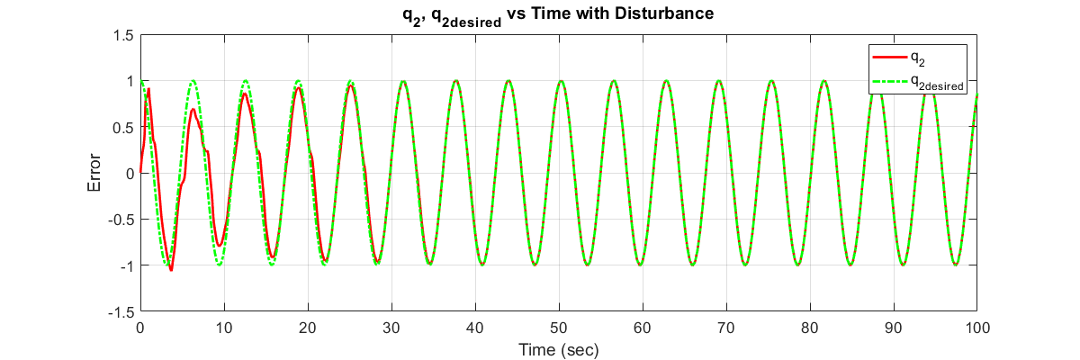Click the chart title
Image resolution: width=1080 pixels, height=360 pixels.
coord(559,14)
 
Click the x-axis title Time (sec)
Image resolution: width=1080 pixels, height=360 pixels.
coord(558,348)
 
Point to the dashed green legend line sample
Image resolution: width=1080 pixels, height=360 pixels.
coord(888,83)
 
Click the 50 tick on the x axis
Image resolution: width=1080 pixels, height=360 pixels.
coord(559,328)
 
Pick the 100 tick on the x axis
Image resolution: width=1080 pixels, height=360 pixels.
coord(976,328)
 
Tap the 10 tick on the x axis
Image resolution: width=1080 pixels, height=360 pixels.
coord(224,328)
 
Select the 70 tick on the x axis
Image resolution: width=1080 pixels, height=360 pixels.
coord(726,328)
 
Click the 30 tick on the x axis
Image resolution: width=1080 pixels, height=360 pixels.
coord(391,328)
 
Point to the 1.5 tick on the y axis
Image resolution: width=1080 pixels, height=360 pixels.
coord(124,35)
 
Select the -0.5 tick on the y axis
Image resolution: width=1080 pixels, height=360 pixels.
coord(121,220)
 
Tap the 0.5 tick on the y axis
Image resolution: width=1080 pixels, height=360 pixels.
coord(124,127)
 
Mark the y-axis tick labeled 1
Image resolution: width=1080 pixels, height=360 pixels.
coord(130,81)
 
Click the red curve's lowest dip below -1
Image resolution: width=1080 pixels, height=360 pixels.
coord(171,269)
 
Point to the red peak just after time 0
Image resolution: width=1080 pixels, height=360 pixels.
coord(148,88)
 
